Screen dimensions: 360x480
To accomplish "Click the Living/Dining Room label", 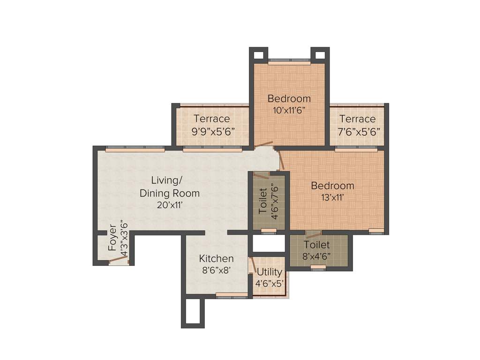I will (x=169, y=187).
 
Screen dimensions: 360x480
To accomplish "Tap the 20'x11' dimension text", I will (x=169, y=204).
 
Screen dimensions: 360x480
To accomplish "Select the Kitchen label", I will (x=216, y=259).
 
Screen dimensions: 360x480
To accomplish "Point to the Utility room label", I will (x=270, y=272).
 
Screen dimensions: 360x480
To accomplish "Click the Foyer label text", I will (x=112, y=238).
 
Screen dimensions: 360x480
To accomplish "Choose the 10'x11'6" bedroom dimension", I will (x=289, y=111).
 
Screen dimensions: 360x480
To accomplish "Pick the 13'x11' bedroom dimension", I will (x=332, y=198).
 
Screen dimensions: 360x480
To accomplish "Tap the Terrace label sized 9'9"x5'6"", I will (x=212, y=119).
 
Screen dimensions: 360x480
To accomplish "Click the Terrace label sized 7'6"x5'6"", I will (x=358, y=119).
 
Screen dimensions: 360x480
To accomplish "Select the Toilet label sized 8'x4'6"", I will (x=317, y=245).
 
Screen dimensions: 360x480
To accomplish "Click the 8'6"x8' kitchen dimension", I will (x=216, y=270).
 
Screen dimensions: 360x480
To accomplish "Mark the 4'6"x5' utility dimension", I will (x=270, y=283).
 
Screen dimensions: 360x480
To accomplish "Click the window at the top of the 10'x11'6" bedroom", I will (x=289, y=60).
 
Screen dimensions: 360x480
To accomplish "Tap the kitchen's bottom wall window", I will (x=232, y=295).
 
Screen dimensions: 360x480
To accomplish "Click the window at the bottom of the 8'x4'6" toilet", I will (x=318, y=267).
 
